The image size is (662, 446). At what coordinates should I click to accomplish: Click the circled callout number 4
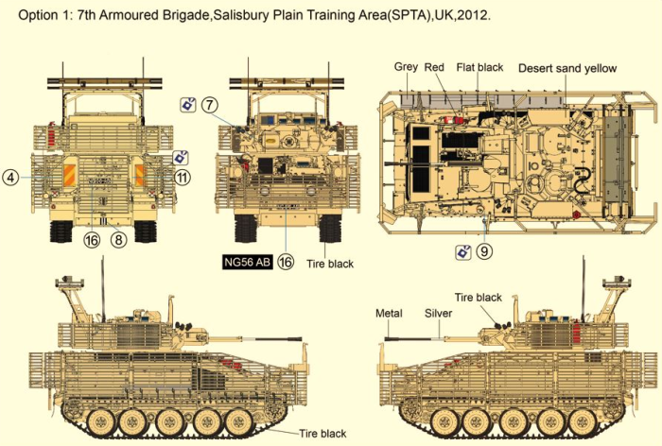pyautogui.click(x=10, y=177)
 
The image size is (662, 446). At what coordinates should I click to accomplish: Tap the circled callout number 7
pyautogui.click(x=209, y=104)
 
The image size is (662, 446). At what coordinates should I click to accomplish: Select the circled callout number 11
pyautogui.click(x=183, y=177)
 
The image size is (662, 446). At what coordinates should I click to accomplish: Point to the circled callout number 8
pyautogui.click(x=118, y=240)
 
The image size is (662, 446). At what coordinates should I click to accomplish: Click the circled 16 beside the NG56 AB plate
pyautogui.click(x=285, y=262)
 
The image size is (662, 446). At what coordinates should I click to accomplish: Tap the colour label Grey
pyautogui.click(x=406, y=68)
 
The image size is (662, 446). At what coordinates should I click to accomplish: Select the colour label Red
pyautogui.click(x=434, y=68)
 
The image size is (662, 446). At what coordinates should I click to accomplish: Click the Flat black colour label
pyautogui.click(x=479, y=68)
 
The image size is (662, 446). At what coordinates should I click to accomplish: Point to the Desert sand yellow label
pyautogui.click(x=566, y=68)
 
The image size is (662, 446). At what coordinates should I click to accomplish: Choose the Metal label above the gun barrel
pyautogui.click(x=389, y=313)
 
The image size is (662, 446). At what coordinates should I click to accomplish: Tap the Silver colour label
pyautogui.click(x=438, y=313)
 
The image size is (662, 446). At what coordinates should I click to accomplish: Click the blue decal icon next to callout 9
pyautogui.click(x=462, y=251)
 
